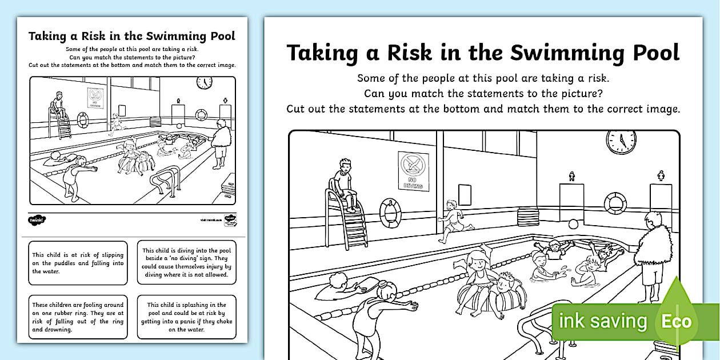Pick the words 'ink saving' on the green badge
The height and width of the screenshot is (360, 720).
coord(603,321)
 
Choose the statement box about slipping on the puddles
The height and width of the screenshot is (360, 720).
coord(78,263)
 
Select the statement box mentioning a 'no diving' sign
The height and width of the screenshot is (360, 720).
coord(186,263)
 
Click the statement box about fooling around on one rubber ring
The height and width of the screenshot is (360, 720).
coord(78,317)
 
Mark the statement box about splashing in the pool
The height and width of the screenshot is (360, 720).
coord(186,317)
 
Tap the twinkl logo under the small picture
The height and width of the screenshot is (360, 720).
coord(35,219)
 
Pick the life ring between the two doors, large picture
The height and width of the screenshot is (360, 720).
coord(615,202)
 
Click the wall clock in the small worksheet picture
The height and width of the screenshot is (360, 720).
coord(204,82)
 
